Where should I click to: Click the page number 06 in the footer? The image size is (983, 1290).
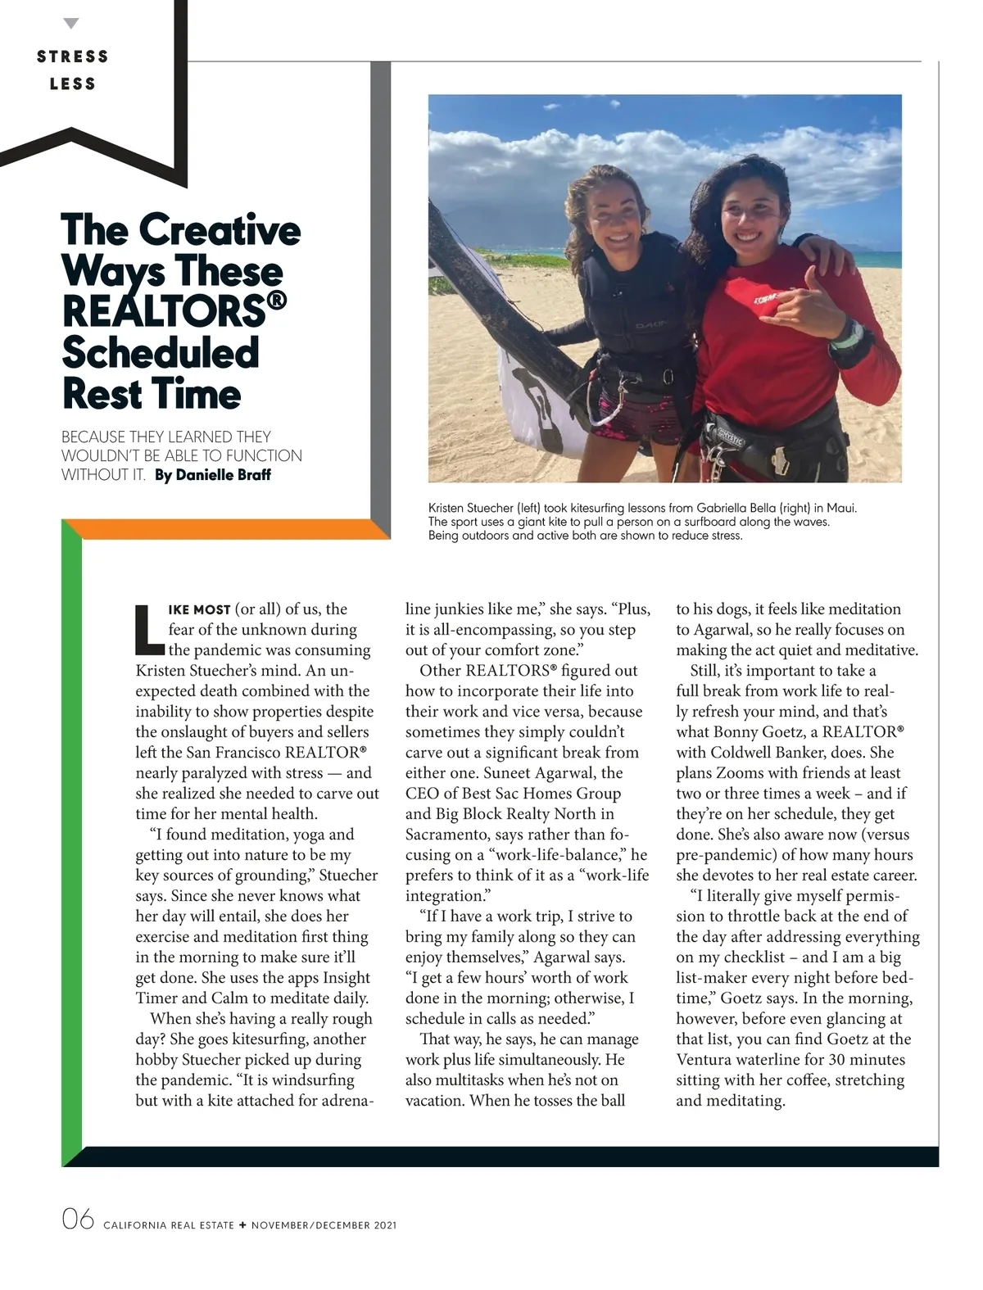click(78, 1220)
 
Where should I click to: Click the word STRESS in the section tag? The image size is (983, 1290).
click(73, 57)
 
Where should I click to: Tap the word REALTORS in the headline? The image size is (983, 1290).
click(164, 312)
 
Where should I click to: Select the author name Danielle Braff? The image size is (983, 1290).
click(223, 475)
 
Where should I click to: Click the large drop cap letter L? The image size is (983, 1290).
click(148, 630)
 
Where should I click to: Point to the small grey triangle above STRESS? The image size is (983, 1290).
click(72, 24)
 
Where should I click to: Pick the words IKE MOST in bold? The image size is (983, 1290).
click(199, 610)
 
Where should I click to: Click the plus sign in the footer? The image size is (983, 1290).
click(242, 1225)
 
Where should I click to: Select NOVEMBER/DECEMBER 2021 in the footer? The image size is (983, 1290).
click(324, 1225)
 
